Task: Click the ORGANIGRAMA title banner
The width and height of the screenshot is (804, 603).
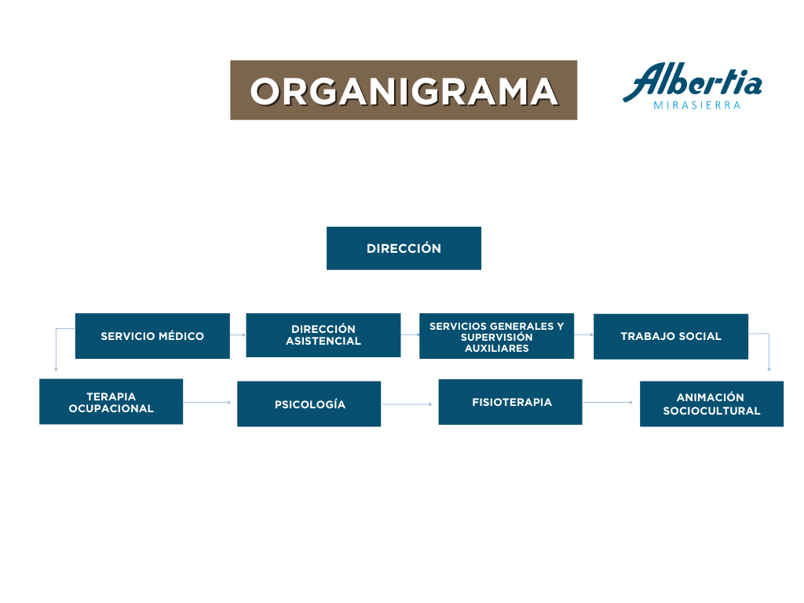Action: (x=404, y=90)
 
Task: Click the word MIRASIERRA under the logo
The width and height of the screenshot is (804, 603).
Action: (x=697, y=106)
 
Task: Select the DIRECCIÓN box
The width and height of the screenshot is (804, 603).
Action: (x=404, y=248)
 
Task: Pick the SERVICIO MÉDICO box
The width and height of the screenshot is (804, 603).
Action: (x=152, y=336)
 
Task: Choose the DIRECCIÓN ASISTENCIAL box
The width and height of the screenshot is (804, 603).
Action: (x=323, y=335)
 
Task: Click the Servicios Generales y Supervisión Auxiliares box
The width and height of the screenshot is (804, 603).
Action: (x=496, y=336)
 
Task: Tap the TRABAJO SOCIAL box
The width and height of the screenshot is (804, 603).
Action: (x=671, y=336)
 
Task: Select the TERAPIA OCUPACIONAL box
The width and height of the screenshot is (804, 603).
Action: (x=111, y=401)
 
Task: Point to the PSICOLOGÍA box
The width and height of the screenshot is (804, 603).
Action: (x=309, y=404)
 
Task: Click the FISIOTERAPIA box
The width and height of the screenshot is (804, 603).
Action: (x=510, y=402)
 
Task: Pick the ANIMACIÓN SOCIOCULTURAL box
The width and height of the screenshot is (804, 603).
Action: (x=711, y=404)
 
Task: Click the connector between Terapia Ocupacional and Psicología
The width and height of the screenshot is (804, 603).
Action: (x=206, y=403)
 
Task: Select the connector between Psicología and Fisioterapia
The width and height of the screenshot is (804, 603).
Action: (x=406, y=404)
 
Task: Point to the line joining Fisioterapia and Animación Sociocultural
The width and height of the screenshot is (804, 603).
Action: (x=607, y=403)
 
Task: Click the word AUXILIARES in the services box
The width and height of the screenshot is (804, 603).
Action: (x=496, y=348)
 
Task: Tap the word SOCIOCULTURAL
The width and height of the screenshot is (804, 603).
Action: (x=711, y=411)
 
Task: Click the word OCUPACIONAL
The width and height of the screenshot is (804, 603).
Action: (x=111, y=408)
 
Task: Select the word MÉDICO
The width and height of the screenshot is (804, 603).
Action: (x=181, y=336)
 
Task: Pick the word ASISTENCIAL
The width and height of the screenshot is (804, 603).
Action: (x=323, y=341)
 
